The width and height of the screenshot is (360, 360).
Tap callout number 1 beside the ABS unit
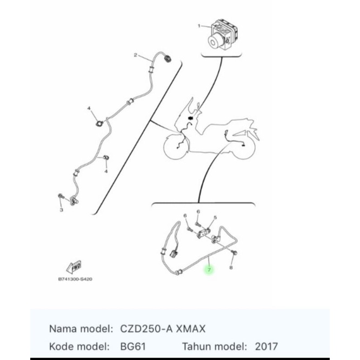(x=199, y=26)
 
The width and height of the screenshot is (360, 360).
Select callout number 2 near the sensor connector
(x=136, y=55)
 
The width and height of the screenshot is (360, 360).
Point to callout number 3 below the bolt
(x=61, y=210)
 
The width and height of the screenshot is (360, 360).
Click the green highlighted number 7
(x=209, y=270)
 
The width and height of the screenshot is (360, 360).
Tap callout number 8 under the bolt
(x=231, y=268)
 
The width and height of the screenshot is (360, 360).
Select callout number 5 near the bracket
(x=215, y=217)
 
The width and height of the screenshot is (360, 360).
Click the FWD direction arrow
(x=74, y=267)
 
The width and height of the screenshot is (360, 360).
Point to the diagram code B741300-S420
(x=75, y=279)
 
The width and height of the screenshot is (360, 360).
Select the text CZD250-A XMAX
(x=163, y=329)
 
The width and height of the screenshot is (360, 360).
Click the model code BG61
(x=133, y=346)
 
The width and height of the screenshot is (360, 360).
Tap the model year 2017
(x=266, y=346)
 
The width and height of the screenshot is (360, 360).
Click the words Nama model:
(x=81, y=329)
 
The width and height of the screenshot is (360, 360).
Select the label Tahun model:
(x=215, y=346)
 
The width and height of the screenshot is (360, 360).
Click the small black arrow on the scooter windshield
(x=190, y=118)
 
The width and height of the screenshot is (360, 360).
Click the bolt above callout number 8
(x=235, y=252)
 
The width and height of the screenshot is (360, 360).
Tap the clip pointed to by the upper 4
(x=99, y=124)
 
